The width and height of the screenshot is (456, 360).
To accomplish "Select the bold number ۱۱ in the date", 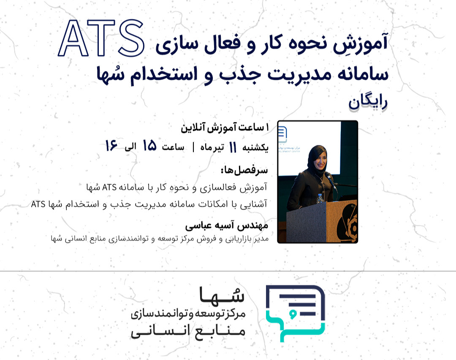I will (x=232, y=147).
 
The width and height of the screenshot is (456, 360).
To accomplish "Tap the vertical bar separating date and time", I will (x=193, y=147).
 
